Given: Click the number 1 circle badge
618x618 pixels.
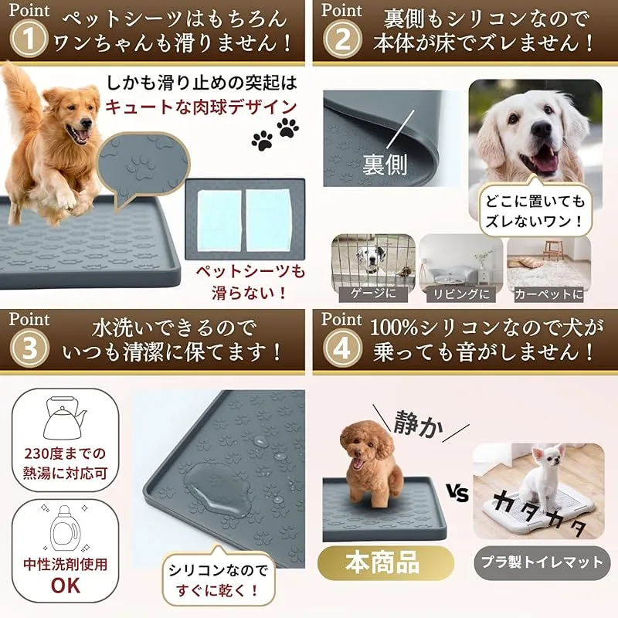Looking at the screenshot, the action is click(x=29, y=39).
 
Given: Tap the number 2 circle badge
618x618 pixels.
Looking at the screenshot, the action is click(x=342, y=39).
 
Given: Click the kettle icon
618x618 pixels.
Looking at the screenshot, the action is click(x=64, y=419).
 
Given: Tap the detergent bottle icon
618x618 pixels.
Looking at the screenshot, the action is click(x=66, y=529).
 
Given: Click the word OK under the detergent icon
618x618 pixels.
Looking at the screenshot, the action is click(x=66, y=586).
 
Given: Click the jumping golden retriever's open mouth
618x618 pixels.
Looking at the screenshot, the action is click(x=81, y=134).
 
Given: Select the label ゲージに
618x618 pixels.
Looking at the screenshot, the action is click(x=373, y=294).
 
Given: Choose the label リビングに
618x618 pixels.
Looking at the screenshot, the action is click(x=461, y=294).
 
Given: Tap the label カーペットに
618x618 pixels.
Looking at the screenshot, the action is click(x=549, y=294).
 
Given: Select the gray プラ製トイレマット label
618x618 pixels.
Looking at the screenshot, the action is click(x=542, y=562).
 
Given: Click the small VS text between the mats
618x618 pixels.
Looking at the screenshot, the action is click(x=458, y=493).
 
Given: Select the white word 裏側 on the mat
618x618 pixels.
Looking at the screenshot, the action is click(x=384, y=165).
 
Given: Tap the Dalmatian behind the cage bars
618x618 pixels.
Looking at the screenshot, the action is click(x=371, y=259).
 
